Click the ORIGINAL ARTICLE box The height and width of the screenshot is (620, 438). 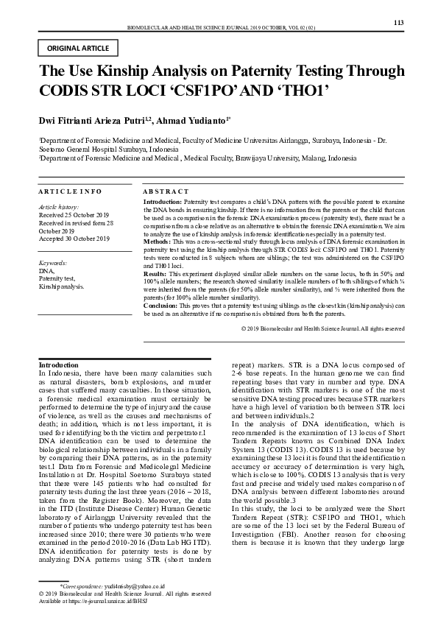pyautogui.click(x=77, y=49)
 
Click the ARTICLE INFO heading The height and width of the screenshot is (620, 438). pyautogui.click(x=70, y=191)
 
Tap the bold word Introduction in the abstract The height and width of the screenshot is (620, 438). pyautogui.click(x=162, y=200)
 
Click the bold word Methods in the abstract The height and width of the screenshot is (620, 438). pyautogui.click(x=155, y=242)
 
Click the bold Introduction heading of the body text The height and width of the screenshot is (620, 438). pyautogui.click(x=58, y=364)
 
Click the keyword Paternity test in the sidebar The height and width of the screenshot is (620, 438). pyautogui.click(x=57, y=279)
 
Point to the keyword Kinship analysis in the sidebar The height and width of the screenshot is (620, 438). pyautogui.click(x=62, y=287)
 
